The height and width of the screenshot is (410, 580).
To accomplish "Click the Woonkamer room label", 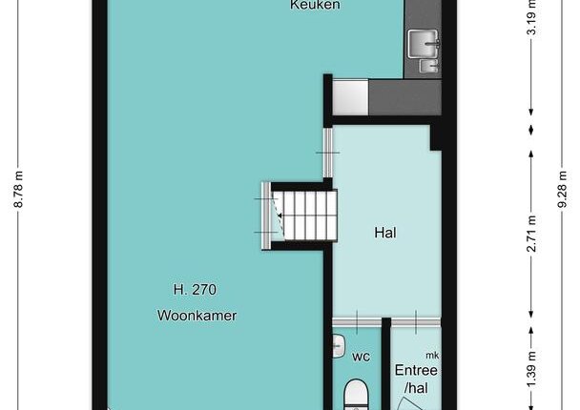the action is (197, 316).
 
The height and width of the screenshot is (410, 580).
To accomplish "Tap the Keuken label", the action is (315, 5).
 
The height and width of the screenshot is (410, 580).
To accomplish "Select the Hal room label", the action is (385, 233).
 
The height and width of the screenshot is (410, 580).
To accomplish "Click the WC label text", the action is (361, 357).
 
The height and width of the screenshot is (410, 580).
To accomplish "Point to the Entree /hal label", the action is (416, 379).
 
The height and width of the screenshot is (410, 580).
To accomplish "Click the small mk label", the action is (432, 356).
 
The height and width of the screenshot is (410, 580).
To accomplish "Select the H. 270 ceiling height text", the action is (195, 290).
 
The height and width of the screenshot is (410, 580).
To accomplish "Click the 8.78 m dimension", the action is (18, 190).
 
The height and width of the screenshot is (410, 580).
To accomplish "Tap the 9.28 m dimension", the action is (562, 190).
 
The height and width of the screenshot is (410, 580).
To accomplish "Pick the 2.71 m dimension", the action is (531, 234).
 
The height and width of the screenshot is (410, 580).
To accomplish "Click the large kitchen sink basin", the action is (424, 44).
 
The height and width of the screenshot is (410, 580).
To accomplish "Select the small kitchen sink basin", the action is (429, 67).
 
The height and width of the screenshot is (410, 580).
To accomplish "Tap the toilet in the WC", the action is (356, 395).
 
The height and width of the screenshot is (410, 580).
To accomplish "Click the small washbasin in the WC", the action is (339, 346).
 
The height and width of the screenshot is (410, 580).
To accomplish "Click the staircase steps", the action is (304, 215).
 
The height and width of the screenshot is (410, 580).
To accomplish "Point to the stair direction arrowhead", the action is (280, 215).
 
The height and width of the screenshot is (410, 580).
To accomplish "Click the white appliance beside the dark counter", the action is (350, 97).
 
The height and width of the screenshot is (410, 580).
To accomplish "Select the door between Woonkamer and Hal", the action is (328, 153).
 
